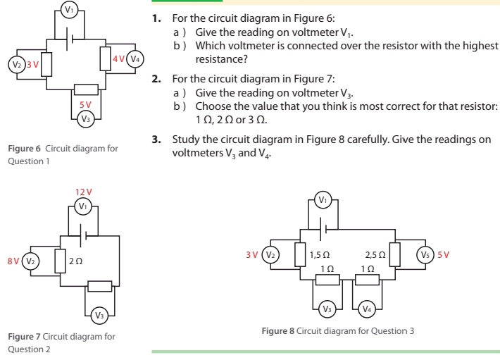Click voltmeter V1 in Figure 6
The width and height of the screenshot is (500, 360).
coord(68,9)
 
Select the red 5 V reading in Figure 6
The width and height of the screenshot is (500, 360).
coord(85,104)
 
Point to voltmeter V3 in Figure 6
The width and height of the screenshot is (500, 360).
coord(85,118)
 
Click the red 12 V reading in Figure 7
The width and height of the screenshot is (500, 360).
coord(84,192)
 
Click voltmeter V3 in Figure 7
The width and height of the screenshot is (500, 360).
coord(100,314)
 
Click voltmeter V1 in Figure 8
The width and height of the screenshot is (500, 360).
coord(323,199)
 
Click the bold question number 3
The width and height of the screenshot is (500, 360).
coord(156,139)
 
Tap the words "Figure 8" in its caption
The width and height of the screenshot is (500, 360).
coord(277,330)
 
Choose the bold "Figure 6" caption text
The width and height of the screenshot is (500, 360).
coord(25,149)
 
